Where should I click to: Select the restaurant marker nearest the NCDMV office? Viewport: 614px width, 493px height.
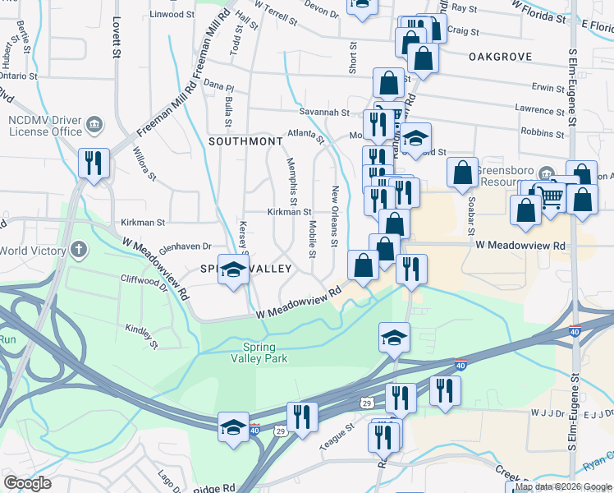pos(93,163)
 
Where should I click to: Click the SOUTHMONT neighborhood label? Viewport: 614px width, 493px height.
pos(245,141)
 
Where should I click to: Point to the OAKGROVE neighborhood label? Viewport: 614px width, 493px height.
pos(500,57)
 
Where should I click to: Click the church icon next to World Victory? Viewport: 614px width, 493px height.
pos(78,249)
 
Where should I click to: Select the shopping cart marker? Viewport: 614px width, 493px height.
pos(549,196)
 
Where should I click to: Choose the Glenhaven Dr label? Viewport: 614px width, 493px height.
pos(185,246)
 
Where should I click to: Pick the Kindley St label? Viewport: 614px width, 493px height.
pos(140,332)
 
